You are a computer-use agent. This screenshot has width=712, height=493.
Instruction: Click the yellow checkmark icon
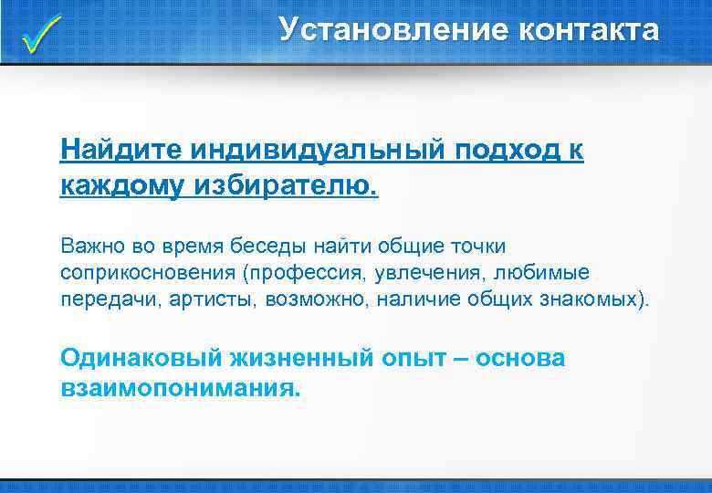click(41, 34)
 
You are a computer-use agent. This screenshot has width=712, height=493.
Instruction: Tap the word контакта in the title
click(588, 30)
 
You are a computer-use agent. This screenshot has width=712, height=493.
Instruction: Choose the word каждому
click(123, 186)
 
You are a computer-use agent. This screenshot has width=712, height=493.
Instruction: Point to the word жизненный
click(295, 358)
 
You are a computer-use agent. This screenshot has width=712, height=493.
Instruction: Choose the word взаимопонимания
click(179, 387)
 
